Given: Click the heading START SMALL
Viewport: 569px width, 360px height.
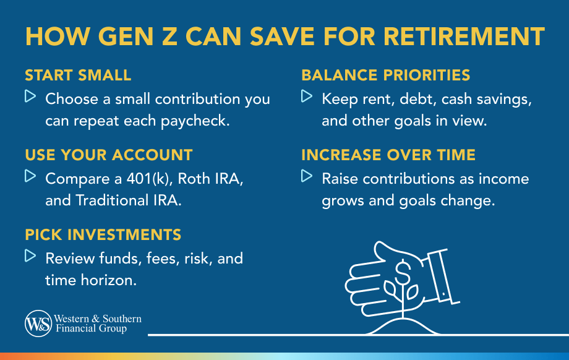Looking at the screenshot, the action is click(78, 75).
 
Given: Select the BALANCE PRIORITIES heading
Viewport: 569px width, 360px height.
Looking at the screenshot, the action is click(386, 75).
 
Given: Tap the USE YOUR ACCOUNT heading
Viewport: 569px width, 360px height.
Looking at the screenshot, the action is click(108, 155).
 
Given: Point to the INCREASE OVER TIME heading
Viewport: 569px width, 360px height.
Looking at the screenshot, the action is click(388, 155).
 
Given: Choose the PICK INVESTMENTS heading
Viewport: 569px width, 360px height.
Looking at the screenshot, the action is click(103, 235).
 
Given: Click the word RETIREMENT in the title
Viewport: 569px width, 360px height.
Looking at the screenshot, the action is click(464, 36).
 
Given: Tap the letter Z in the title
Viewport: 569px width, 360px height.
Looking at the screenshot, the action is click(169, 36).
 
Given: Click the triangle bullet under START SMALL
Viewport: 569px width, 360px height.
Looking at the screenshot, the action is click(30, 96).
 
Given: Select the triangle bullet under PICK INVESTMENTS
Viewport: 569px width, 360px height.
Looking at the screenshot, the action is click(30, 256).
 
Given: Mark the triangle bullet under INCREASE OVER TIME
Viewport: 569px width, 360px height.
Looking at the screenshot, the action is click(307, 176).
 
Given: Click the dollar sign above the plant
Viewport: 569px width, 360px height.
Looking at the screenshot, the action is click(403, 271).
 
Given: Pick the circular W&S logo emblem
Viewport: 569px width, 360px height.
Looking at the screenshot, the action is click(38, 324).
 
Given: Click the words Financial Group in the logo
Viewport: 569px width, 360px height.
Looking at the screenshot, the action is click(91, 328).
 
